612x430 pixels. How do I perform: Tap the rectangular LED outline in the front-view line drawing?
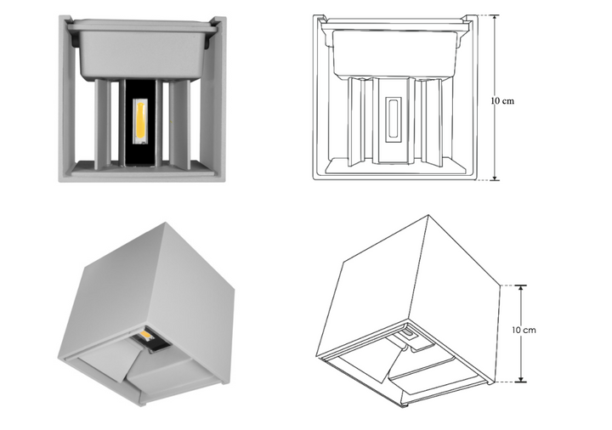pyautogui.click(x=393, y=118)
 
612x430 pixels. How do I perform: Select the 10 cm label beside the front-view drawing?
pyautogui.click(x=503, y=100)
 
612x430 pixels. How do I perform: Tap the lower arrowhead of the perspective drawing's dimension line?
pyautogui.click(x=521, y=379)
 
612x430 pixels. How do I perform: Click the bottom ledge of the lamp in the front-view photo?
pyautogui.click(x=141, y=170)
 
